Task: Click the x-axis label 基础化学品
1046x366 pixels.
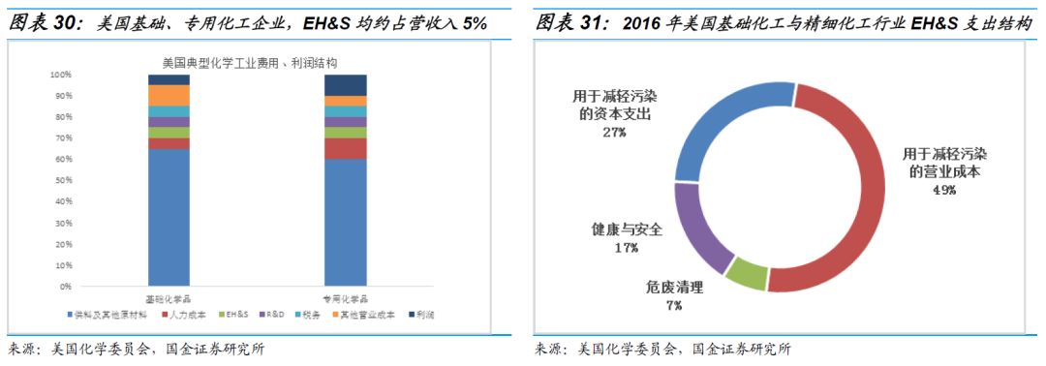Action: (168, 299)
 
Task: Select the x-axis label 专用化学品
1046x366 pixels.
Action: (346, 299)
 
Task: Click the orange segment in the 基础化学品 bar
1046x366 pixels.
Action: (169, 95)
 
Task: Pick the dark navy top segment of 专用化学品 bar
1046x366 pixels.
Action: (346, 85)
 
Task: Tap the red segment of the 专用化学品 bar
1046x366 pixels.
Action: (346, 148)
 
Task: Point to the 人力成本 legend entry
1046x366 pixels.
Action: (190, 316)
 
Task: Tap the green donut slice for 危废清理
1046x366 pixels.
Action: (746, 275)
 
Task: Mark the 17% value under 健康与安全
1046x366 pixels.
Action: (626, 248)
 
